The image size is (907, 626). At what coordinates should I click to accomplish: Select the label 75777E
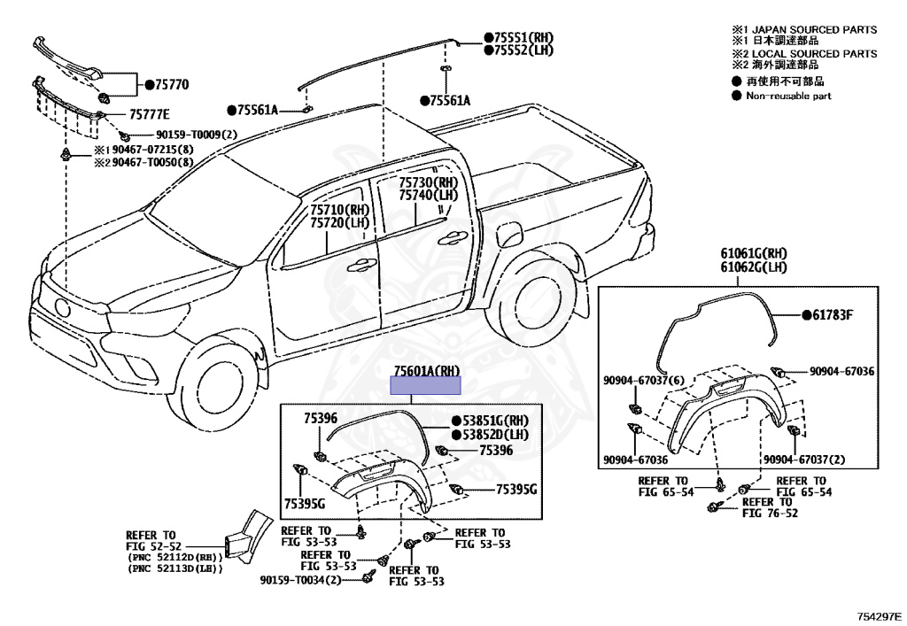coord(149,114)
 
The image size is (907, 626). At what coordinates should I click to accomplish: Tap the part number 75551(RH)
coord(523,38)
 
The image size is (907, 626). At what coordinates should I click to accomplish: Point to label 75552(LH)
coord(523,50)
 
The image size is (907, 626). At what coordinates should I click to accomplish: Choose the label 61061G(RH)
coord(755,255)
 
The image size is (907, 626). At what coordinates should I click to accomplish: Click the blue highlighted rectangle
coord(427,385)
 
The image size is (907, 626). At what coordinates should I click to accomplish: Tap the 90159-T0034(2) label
coord(301,580)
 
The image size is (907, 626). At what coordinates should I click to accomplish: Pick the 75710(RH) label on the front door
coord(339,211)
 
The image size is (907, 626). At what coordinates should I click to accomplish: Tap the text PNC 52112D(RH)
coord(174,556)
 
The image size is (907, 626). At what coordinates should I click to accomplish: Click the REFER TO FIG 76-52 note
coord(770,507)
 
